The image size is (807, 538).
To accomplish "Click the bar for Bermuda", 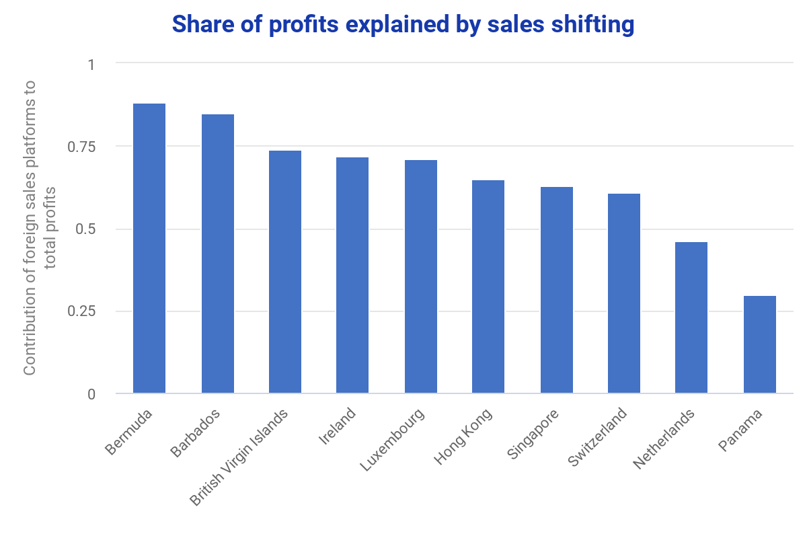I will (x=149, y=249).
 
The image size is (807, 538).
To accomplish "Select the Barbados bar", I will (x=218, y=254).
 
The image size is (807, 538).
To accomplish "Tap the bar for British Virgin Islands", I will (x=285, y=272).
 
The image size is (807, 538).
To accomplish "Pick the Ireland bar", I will (x=352, y=276).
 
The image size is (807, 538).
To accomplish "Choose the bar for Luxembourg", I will (x=421, y=277).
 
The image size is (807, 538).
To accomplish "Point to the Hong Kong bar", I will (x=488, y=287).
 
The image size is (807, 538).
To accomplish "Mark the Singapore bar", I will (x=557, y=291).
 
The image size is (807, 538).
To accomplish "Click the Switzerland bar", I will (x=624, y=294).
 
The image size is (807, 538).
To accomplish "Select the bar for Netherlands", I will (x=691, y=318).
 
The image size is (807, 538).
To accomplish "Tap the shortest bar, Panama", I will (x=760, y=345).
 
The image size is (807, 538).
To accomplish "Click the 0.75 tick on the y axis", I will (x=83, y=147).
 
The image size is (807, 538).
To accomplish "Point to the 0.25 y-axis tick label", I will (x=83, y=311).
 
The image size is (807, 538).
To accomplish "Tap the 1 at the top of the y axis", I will (x=91, y=65).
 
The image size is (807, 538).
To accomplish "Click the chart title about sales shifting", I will (x=403, y=24).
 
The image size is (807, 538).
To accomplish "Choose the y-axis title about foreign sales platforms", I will (x=40, y=229).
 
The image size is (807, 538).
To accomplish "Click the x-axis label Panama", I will (x=741, y=431).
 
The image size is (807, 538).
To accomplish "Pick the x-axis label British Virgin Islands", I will (x=239, y=457).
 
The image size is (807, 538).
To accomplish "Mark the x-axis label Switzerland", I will (x=598, y=438).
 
